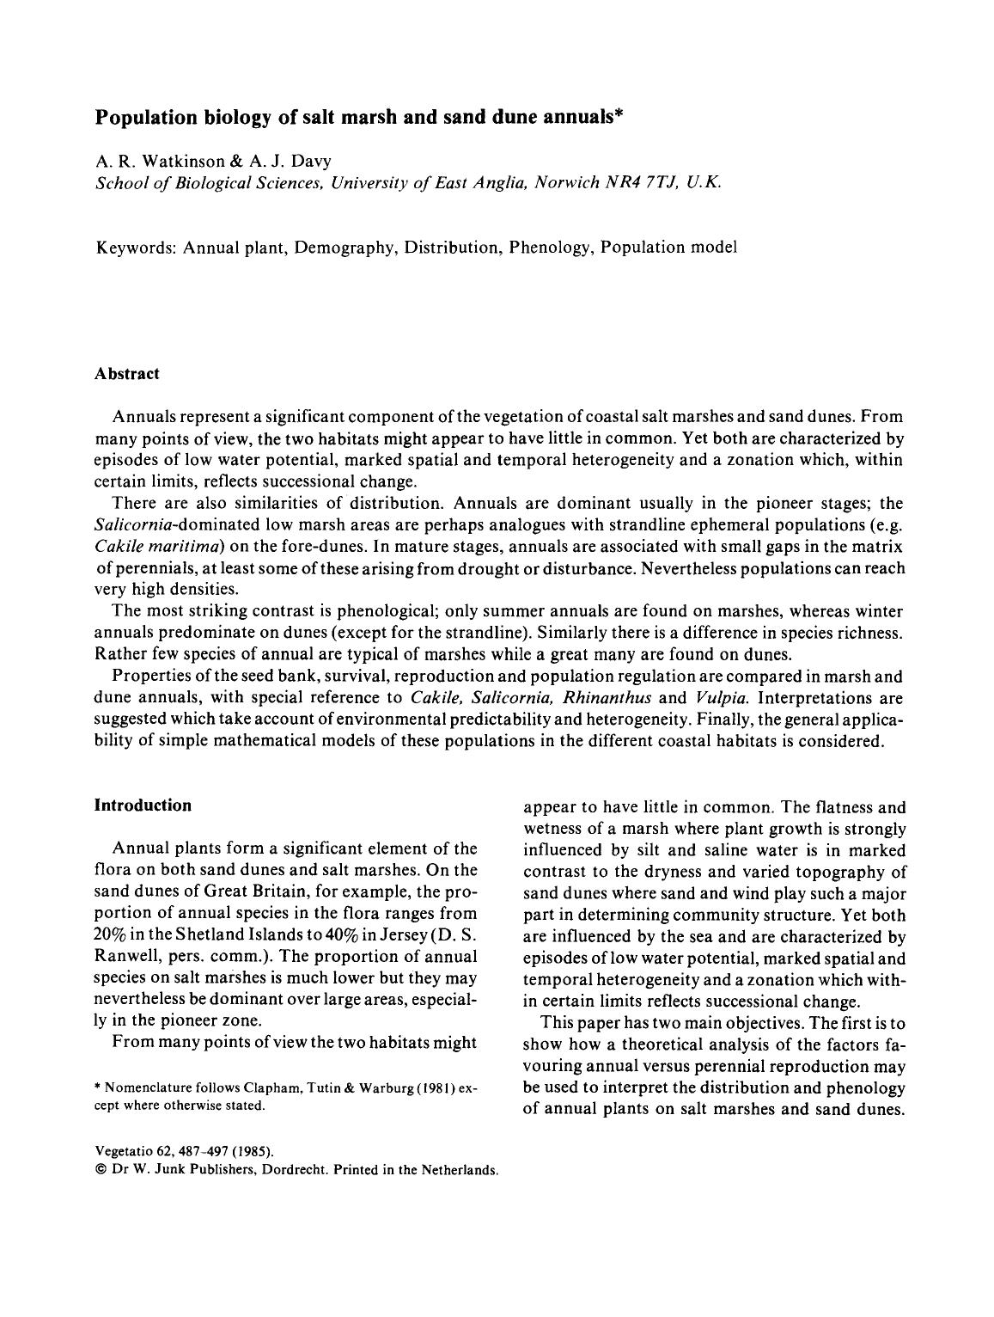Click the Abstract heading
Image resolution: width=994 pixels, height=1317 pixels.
tap(127, 374)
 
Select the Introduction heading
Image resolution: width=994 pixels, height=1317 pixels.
tap(143, 806)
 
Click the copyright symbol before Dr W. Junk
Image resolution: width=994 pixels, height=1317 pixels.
tap(100, 1170)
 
